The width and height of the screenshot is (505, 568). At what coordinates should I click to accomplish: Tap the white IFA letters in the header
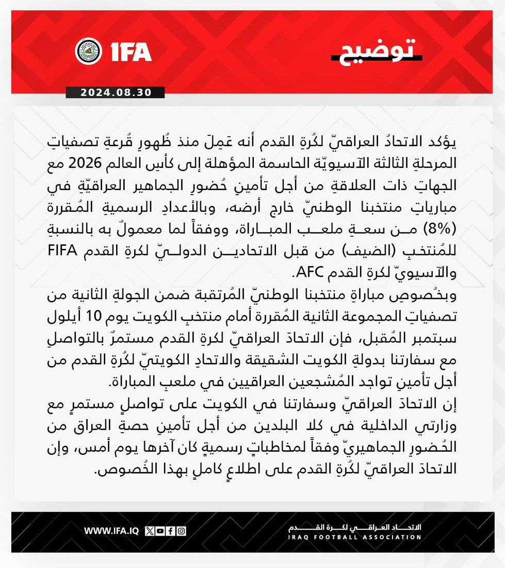click(x=131, y=52)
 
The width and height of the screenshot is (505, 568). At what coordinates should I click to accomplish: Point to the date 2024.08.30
click(x=116, y=93)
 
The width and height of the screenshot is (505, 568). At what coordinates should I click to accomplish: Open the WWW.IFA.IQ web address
click(x=111, y=530)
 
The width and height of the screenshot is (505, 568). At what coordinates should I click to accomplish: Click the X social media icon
click(x=150, y=530)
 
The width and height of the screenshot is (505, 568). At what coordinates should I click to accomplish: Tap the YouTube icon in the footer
click(x=160, y=530)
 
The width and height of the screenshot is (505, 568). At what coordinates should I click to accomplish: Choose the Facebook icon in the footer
click(x=171, y=530)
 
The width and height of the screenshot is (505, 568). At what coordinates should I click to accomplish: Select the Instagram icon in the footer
click(x=181, y=530)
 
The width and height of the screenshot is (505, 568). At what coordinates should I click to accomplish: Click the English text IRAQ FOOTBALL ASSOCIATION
click(x=354, y=538)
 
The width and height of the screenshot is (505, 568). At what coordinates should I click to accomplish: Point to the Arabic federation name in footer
click(x=354, y=527)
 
